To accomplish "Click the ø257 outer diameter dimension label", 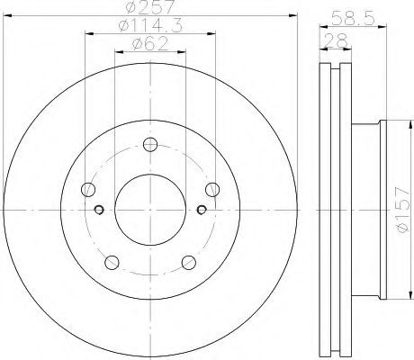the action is (150, 6).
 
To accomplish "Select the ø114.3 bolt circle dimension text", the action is (150, 25).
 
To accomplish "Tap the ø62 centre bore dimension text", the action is (150, 44).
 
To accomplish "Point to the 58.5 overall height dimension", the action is (354, 18).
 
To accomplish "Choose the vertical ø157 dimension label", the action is (403, 210).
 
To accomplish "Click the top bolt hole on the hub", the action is (150, 145).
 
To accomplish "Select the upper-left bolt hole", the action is (88, 190).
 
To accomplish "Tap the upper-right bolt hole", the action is (212, 190).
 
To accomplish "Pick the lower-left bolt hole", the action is (112, 263).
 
